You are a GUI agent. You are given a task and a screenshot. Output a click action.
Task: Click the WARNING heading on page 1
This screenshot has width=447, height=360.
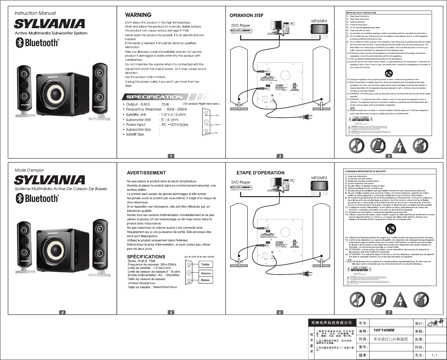[x=138, y=15]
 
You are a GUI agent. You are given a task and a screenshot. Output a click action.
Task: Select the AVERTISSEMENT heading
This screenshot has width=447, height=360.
[x=146, y=173]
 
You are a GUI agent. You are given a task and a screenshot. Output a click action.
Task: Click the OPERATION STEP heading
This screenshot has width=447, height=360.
[x=246, y=15]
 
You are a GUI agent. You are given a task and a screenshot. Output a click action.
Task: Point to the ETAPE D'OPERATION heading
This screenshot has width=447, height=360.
[x=260, y=173]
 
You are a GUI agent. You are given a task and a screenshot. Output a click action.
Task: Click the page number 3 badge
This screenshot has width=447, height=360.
[x=389, y=156]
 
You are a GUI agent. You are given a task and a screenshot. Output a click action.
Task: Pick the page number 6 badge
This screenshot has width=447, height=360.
[x=280, y=313]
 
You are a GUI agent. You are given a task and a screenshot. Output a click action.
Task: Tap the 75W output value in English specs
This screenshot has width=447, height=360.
[x=165, y=104]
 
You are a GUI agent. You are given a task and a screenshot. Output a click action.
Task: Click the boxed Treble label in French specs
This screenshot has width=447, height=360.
[x=205, y=265]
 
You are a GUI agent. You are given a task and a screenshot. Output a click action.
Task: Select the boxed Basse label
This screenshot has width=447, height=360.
[x=205, y=280]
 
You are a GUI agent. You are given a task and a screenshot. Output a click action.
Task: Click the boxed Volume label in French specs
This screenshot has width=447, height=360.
[x=206, y=273]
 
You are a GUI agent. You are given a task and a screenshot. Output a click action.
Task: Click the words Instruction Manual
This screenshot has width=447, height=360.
[x=35, y=13]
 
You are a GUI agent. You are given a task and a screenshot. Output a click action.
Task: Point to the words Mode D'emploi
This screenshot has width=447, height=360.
[x=29, y=170]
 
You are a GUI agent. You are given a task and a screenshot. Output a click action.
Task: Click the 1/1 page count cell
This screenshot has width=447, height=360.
[x=435, y=355]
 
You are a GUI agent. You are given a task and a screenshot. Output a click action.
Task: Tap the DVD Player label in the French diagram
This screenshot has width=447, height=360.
[x=241, y=182]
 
